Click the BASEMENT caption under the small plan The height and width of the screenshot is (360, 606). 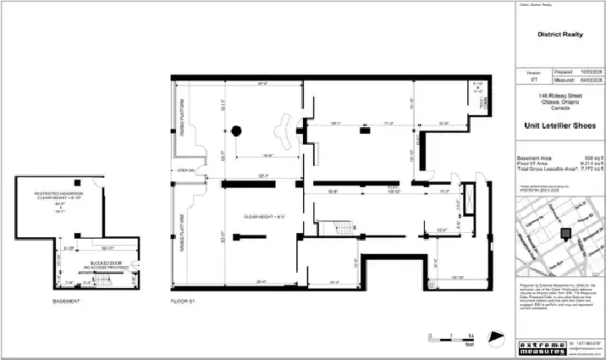pos(65,302)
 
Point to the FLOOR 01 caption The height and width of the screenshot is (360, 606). pos(183,302)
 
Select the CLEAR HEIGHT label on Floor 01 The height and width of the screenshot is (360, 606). pos(263,217)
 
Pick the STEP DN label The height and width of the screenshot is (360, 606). pos(186,172)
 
